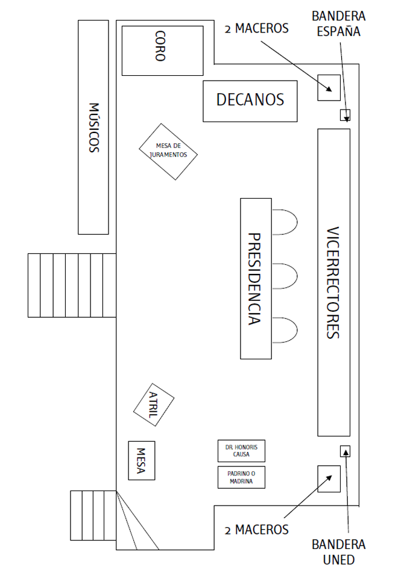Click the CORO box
coord(162,51)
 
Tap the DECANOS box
coord(250,101)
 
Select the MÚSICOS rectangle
coord(93,127)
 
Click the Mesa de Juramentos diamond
coord(168,152)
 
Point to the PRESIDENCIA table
coord(256,279)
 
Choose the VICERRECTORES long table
coord(334,282)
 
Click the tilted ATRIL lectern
coord(153,405)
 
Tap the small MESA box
coord(142,460)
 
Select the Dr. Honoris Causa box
coord(241,451)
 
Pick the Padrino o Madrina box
coord(241,477)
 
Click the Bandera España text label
coord(338,24)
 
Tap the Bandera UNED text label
coord(338,552)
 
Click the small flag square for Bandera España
coord(345,115)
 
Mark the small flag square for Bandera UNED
coord(345,451)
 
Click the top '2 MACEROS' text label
coord(256,28)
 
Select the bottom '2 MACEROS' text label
coord(256,530)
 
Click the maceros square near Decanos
coord(329,88)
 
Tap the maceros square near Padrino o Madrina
coord(329,478)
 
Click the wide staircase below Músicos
coord(72,285)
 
